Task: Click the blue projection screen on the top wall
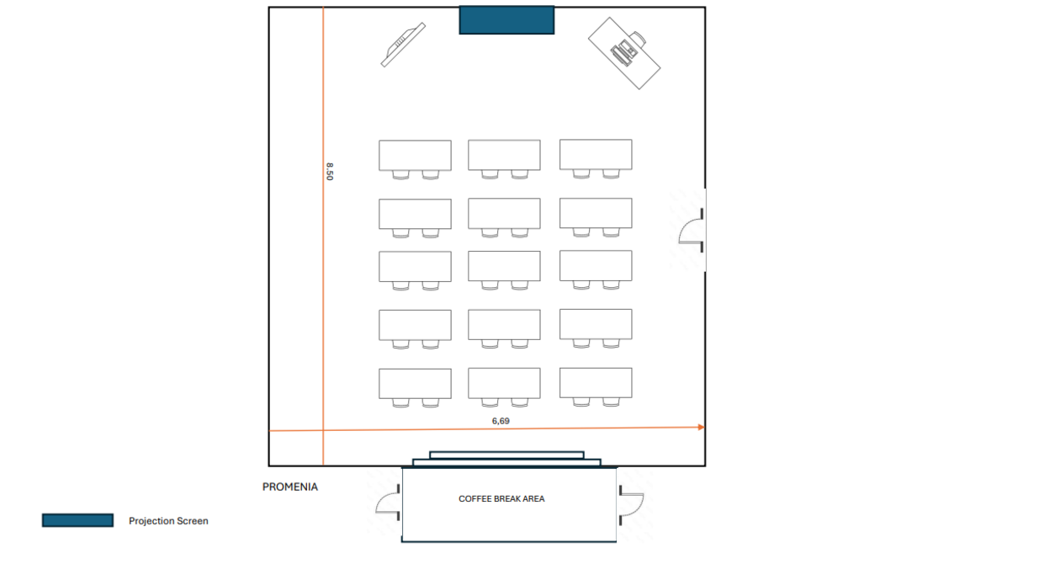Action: pyautogui.click(x=506, y=20)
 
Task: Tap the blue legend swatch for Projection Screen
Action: pyautogui.click(x=77, y=520)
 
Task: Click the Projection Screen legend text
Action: pyautogui.click(x=168, y=521)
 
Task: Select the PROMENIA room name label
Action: pyautogui.click(x=290, y=487)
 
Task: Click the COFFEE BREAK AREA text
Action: pyautogui.click(x=501, y=499)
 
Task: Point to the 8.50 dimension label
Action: pyautogui.click(x=330, y=172)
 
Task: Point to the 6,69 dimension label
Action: pyautogui.click(x=501, y=420)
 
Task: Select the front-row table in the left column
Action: pyautogui.click(x=415, y=155)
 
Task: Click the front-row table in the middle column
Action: pyautogui.click(x=504, y=155)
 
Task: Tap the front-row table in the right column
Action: pyautogui.click(x=596, y=155)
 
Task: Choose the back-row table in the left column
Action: pyautogui.click(x=415, y=383)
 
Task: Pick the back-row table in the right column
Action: pyautogui.click(x=596, y=383)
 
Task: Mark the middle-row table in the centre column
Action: pyautogui.click(x=504, y=266)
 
